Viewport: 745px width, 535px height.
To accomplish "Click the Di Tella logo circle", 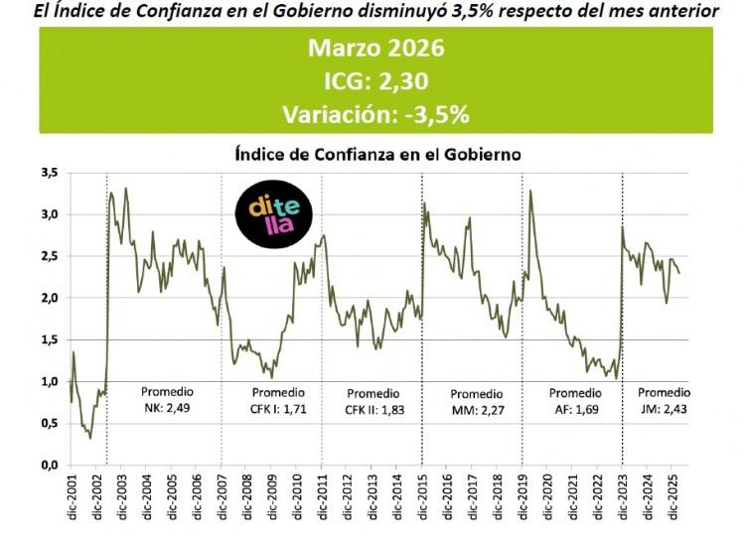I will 267,214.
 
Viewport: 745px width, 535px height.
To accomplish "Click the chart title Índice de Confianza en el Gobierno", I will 376,155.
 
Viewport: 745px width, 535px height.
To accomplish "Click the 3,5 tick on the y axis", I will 48,173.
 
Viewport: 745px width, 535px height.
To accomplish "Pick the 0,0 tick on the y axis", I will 48,465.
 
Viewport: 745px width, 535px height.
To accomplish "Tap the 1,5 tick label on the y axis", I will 48,339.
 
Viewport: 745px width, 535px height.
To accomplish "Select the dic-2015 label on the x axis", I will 422,500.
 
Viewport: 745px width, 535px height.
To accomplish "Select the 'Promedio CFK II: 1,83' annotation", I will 372,400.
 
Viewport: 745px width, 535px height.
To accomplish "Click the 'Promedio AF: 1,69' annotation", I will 575,400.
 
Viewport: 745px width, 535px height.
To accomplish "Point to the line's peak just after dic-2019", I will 531,191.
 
